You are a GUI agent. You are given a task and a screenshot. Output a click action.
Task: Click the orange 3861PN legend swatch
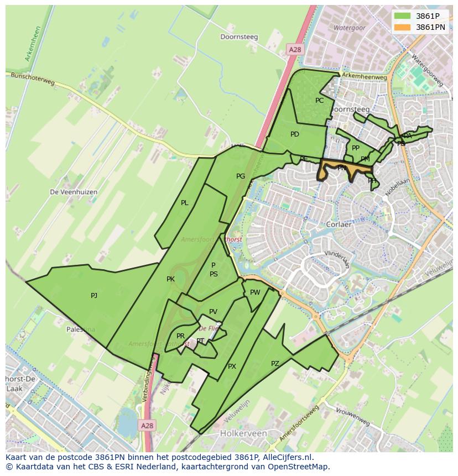[403, 27]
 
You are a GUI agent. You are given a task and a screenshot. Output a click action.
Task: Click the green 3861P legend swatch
[403, 16]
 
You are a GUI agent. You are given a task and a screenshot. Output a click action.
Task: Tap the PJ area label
[94, 296]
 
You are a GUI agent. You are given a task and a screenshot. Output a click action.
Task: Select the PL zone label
[185, 203]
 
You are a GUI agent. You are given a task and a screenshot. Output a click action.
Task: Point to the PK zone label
[170, 279]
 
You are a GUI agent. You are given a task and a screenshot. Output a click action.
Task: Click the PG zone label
[241, 176]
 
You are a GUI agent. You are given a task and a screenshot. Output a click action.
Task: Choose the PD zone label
[295, 134]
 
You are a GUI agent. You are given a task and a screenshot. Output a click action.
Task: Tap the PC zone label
[319, 101]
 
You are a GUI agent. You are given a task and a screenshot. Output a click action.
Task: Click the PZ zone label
[275, 363]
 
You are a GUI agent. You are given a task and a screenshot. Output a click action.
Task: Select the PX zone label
[232, 367]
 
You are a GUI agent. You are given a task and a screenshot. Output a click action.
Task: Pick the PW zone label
[255, 292]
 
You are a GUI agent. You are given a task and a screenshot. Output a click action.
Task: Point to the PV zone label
[213, 312]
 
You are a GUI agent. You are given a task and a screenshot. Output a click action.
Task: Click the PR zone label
[180, 336]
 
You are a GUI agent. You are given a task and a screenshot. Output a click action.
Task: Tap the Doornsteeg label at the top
[239, 38]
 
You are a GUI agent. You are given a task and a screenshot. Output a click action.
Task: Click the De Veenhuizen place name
[74, 192]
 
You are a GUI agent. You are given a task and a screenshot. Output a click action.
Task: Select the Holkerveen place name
[243, 433]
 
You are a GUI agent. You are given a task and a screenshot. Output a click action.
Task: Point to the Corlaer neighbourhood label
[340, 225]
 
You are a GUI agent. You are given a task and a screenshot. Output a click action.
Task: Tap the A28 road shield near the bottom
[147, 426]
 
